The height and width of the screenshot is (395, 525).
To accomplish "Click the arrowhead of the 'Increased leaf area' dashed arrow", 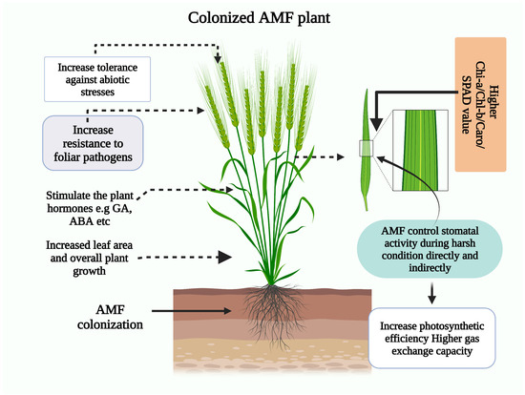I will pos(226,256).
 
